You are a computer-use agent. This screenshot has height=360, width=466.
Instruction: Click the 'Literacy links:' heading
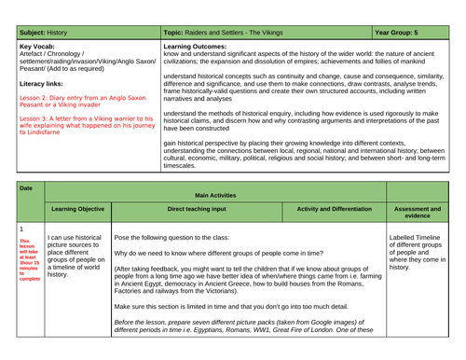(42, 82)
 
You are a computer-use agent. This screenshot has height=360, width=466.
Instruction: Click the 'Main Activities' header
(215, 195)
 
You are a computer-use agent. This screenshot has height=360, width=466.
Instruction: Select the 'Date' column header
(25, 187)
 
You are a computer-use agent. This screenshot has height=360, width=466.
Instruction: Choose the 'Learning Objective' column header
(76, 209)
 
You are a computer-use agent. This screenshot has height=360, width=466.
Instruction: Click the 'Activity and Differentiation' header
(339, 209)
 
